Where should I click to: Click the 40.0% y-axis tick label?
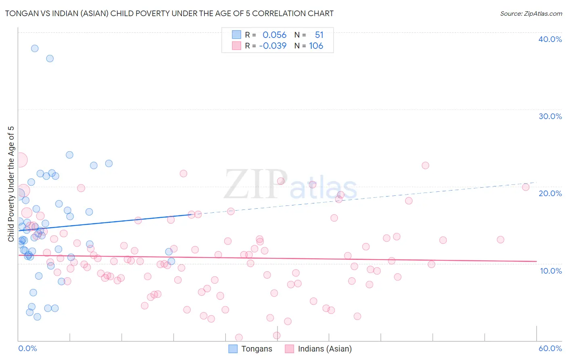pyautogui.click(x=550, y=39)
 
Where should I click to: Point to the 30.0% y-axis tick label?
pyautogui.click(x=550, y=116)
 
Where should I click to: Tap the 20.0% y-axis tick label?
pyautogui.click(x=550, y=193)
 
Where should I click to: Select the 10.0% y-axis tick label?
pyautogui.click(x=551, y=271)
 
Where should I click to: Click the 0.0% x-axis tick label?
pyautogui.click(x=27, y=348)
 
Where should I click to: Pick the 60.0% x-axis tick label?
pyautogui.click(x=550, y=348)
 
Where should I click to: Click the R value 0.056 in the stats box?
pyautogui.click(x=274, y=35)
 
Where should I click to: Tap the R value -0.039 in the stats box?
pyautogui.click(x=273, y=46)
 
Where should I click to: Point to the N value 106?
pyautogui.click(x=316, y=46)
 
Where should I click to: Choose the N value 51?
pyautogui.click(x=319, y=35)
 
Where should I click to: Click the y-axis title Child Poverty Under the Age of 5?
pyautogui.click(x=11, y=184)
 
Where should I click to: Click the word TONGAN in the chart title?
pyautogui.click(x=20, y=13)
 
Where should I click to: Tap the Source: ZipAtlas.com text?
pyautogui.click(x=531, y=14)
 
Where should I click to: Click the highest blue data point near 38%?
pyautogui.click(x=35, y=48)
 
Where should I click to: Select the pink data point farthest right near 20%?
pyautogui.click(x=525, y=187)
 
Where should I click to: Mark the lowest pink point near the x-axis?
pyautogui.click(x=239, y=337)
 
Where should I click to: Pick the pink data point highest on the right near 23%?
pyautogui.click(x=425, y=165)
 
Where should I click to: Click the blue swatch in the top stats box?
pyautogui.click(x=236, y=35)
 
